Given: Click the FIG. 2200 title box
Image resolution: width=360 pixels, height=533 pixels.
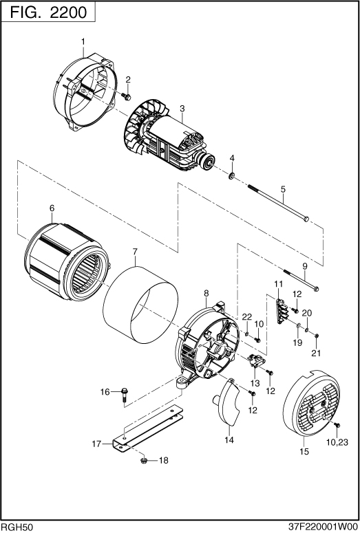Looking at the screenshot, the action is click(48, 12).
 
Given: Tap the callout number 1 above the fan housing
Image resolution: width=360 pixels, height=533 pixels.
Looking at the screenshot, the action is click(83, 41).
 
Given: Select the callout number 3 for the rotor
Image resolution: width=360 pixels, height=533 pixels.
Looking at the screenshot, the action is click(182, 109).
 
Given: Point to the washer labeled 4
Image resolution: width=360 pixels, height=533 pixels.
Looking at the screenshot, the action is click(231, 176).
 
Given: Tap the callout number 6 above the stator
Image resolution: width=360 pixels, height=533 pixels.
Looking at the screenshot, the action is click(52, 208).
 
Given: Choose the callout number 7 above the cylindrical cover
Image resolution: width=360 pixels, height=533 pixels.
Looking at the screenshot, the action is click(135, 252).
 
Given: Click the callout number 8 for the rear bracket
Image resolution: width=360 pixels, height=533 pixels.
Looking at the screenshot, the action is click(206, 293).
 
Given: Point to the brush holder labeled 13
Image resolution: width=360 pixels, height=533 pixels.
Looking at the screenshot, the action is click(256, 360).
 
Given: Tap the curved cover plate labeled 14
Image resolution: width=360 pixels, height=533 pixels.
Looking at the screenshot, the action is click(226, 403).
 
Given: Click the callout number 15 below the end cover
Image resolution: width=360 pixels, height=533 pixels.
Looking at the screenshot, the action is click(304, 451).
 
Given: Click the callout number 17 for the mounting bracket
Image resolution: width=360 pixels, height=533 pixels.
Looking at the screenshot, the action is click(96, 444).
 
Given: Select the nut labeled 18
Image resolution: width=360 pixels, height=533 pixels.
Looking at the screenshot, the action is click(143, 461).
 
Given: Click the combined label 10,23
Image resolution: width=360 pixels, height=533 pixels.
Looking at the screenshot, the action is click(337, 442).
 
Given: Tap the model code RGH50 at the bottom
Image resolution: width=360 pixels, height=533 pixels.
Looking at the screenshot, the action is click(17, 527).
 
